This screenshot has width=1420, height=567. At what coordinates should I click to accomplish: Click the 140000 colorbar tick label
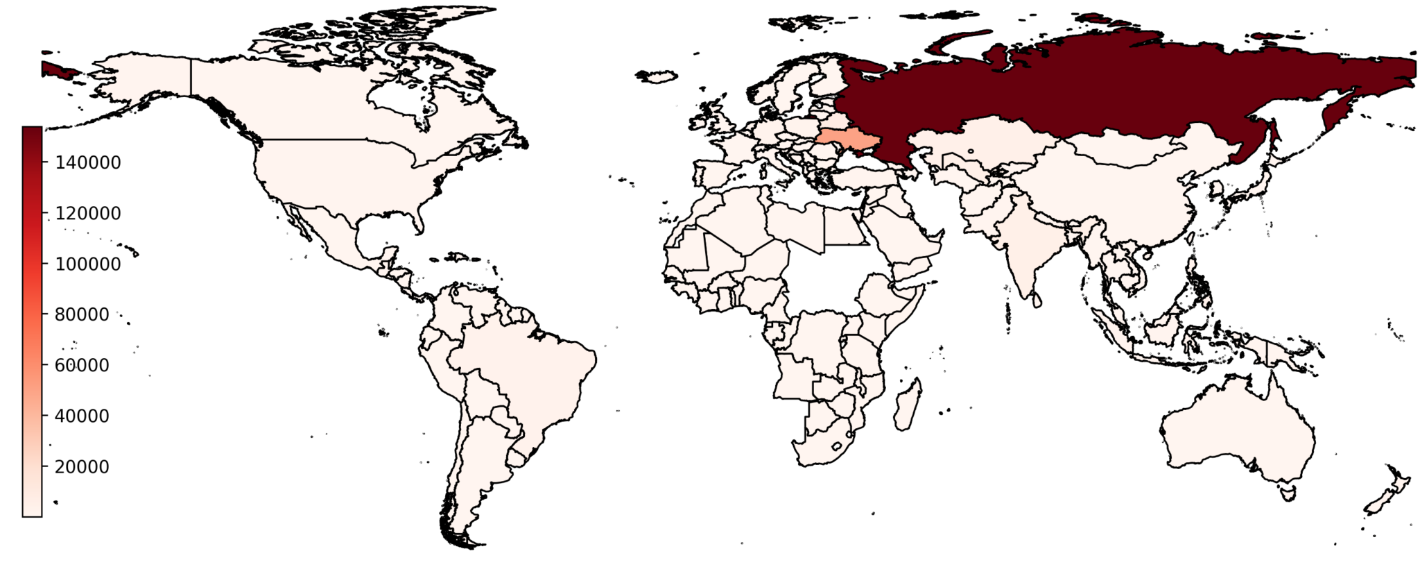tap(88, 162)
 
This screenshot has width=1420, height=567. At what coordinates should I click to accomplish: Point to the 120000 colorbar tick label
tap(88, 213)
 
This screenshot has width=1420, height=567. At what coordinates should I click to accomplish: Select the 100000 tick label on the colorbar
tap(88, 264)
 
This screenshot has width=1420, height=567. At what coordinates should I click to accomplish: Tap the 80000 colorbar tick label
tap(82, 314)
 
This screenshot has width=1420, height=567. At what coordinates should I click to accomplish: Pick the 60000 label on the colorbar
tap(82, 365)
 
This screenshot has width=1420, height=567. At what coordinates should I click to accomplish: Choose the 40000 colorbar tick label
tap(82, 416)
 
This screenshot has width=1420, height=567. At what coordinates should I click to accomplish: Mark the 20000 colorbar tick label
tap(82, 466)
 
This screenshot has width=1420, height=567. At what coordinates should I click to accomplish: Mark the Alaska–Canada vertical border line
tap(191, 76)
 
